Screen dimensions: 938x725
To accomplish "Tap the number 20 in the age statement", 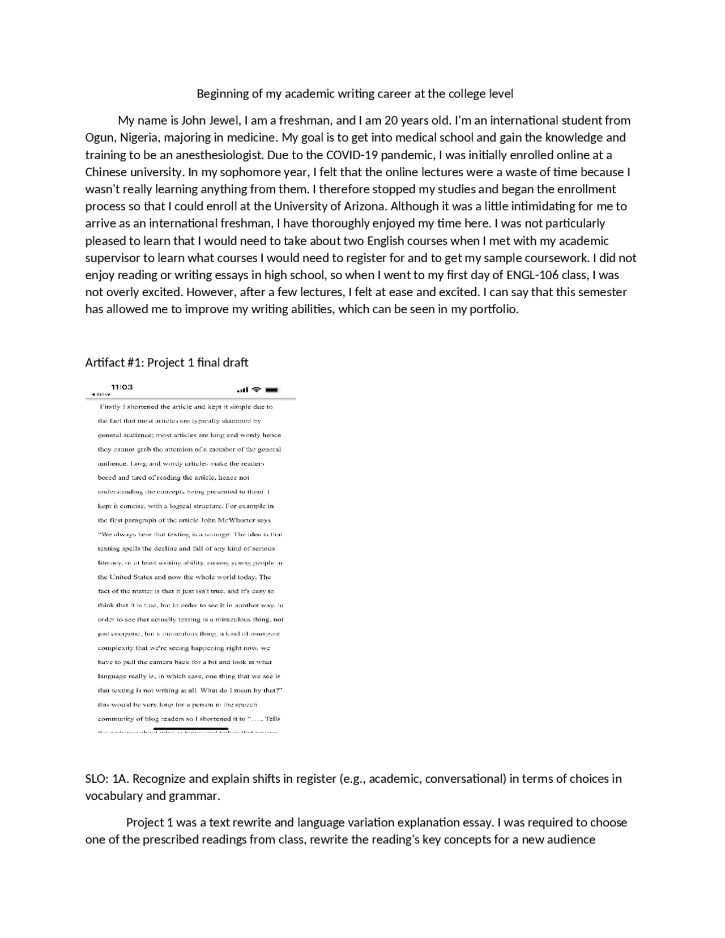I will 391,121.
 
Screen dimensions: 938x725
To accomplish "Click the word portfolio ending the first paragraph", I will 493,309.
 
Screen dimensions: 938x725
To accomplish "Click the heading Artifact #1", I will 114,363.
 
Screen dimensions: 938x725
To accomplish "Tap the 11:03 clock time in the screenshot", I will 122,387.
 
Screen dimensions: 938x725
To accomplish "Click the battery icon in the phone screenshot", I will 272,390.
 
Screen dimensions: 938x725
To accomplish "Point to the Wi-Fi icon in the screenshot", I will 256,389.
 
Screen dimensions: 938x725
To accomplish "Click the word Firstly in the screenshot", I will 111,407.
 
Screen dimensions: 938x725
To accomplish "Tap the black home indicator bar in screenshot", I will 191,728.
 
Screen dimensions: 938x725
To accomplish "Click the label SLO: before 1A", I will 97,779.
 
